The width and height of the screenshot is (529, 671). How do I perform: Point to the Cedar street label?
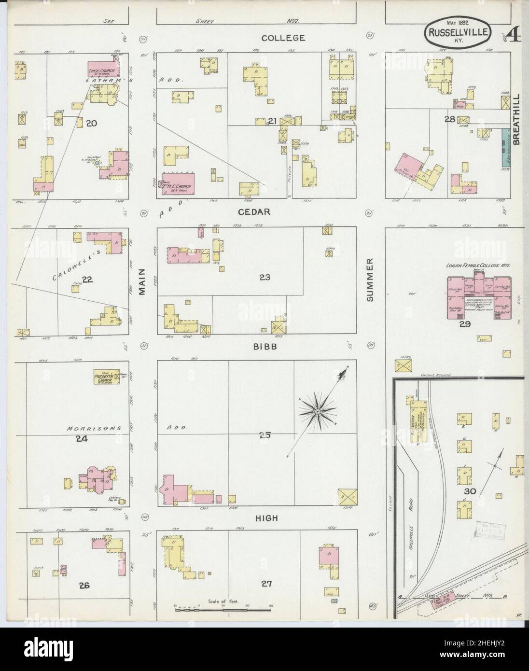click(x=260, y=211)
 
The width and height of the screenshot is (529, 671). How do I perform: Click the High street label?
click(x=266, y=518)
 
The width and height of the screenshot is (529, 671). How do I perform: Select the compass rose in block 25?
click(x=318, y=411)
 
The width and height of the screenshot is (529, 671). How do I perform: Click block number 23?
click(x=264, y=278)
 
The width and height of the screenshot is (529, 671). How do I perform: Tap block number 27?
click(x=266, y=584)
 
